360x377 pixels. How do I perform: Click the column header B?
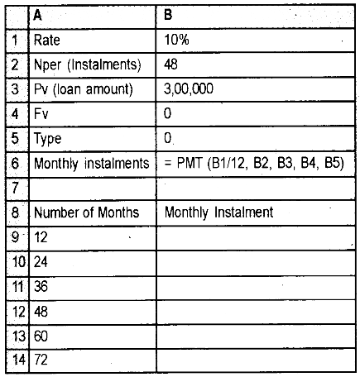(x=170, y=14)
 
